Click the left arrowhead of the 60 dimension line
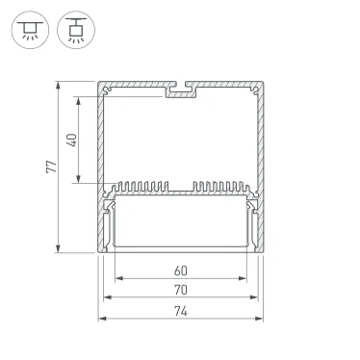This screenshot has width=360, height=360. click(x=118, y=281)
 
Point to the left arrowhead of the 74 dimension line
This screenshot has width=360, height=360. click(x=99, y=318)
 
